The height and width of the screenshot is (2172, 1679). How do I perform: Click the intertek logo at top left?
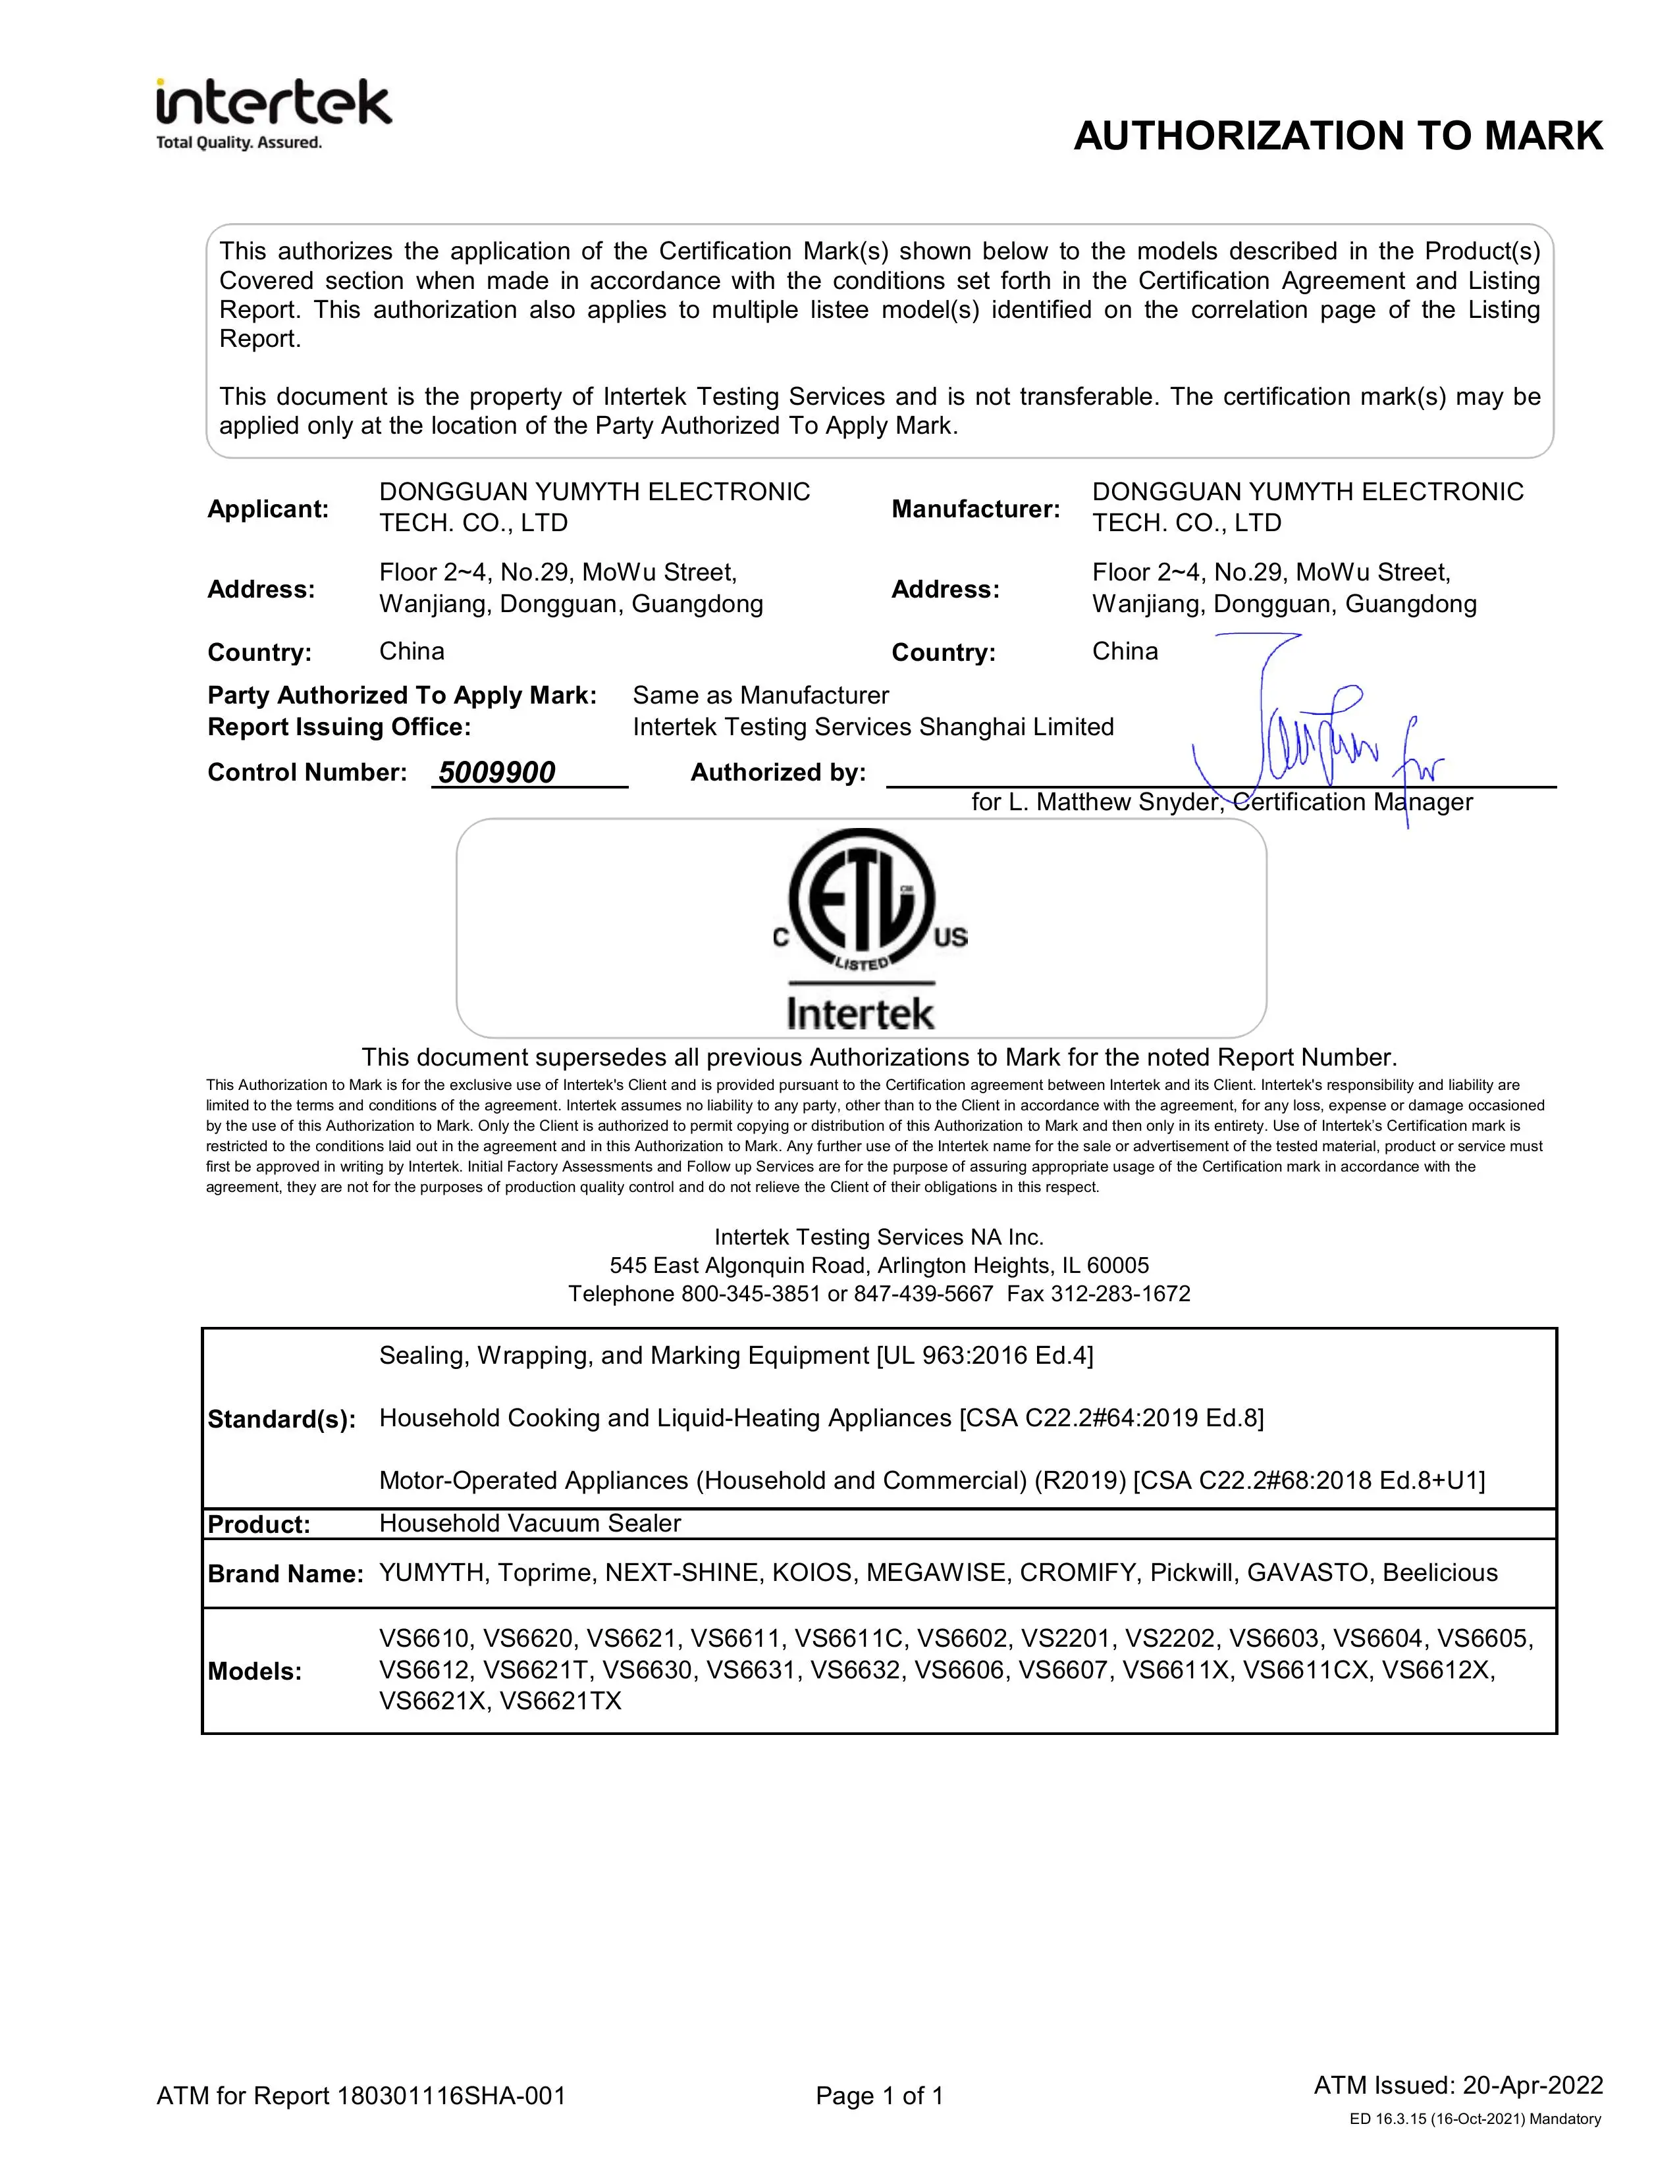(x=273, y=113)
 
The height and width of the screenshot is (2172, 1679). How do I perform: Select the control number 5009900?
(x=496, y=773)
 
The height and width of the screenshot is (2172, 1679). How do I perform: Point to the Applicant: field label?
(x=267, y=509)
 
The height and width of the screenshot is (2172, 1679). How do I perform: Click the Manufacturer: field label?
(x=974, y=509)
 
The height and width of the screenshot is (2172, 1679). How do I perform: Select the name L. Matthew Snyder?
(x=1114, y=802)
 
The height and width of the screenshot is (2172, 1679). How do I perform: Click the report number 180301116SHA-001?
(x=452, y=2096)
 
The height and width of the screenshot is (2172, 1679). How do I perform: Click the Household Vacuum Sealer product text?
(x=529, y=1524)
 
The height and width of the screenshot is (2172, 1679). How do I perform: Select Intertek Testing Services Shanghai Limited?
(x=872, y=727)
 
